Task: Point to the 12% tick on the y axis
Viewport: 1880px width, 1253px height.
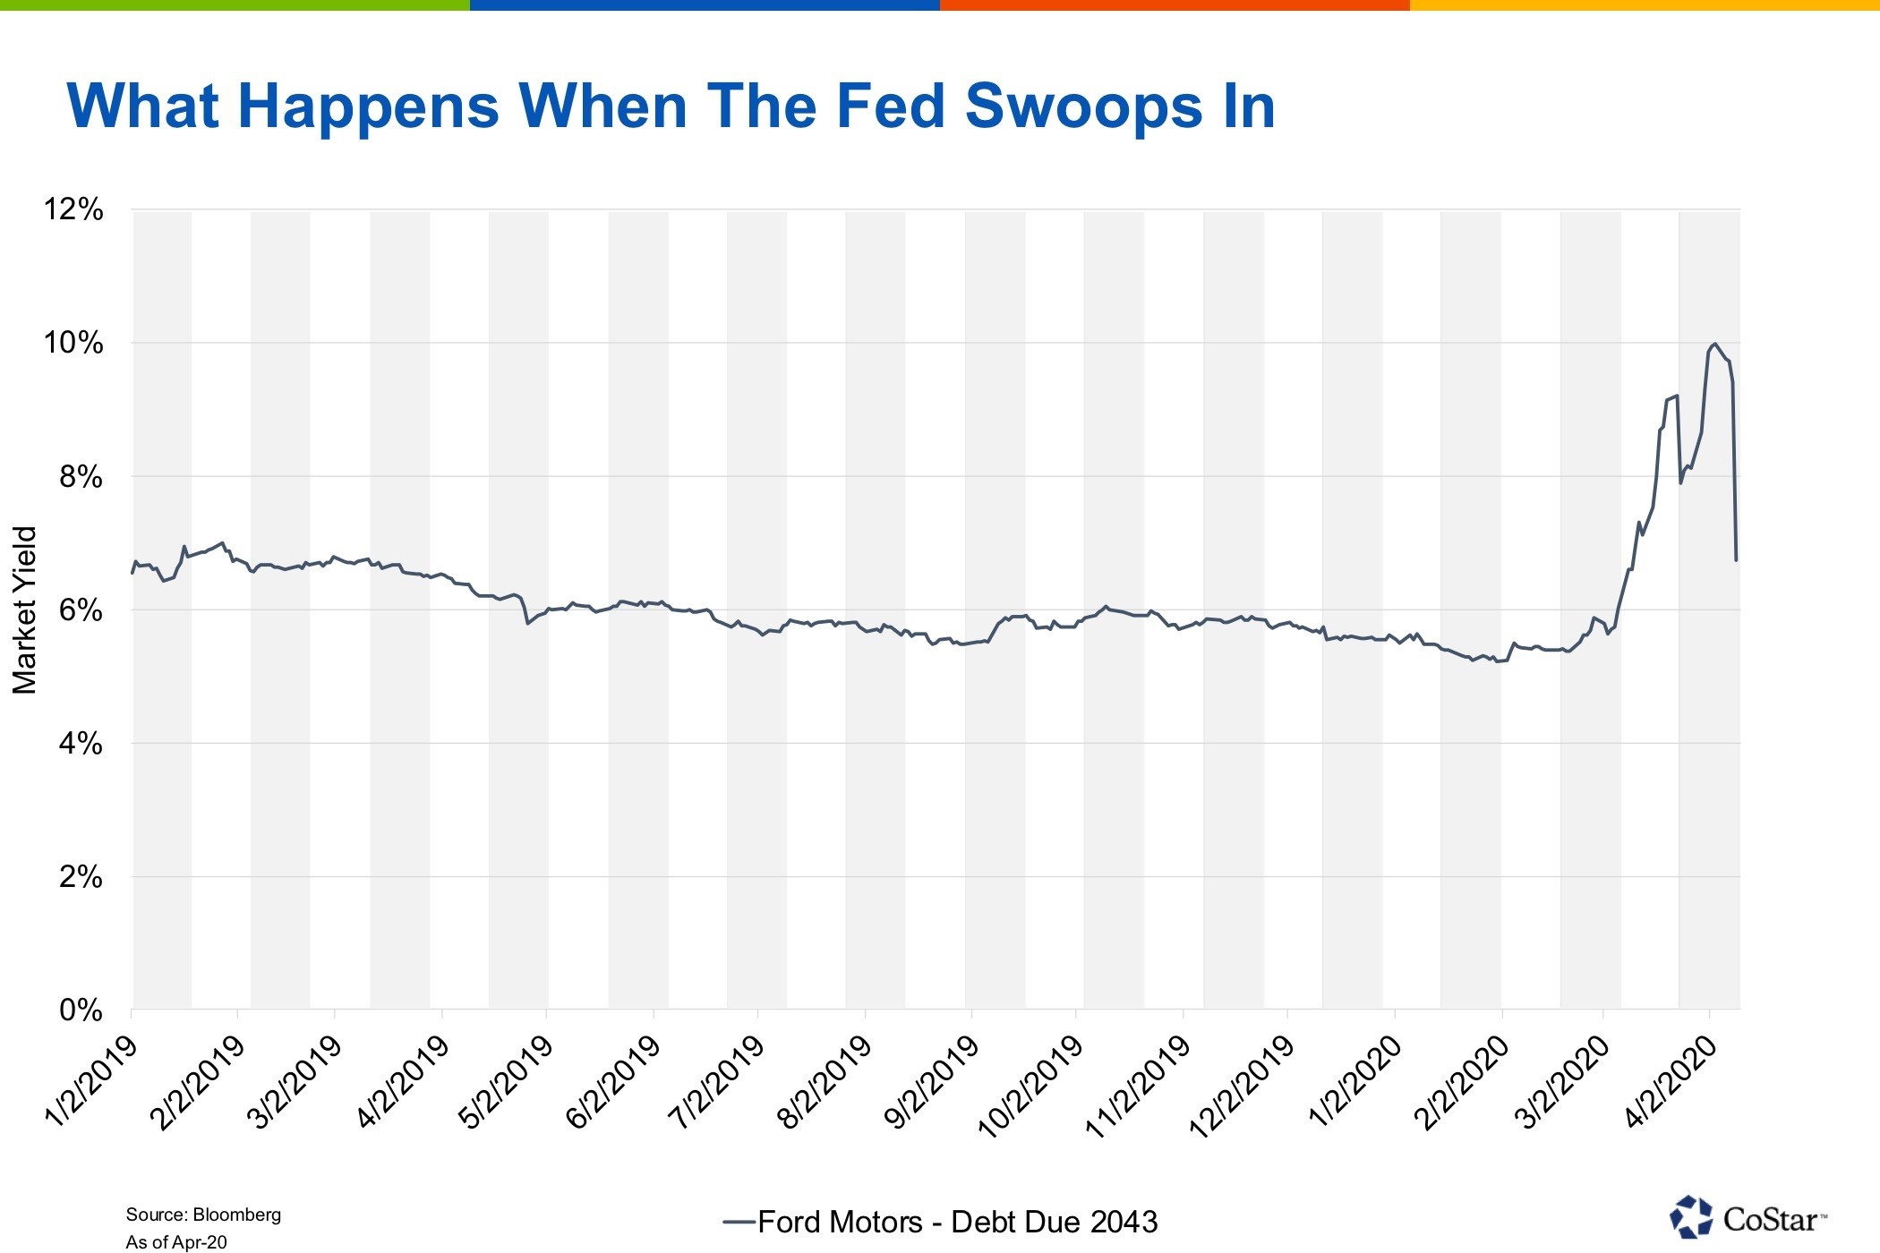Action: (x=73, y=209)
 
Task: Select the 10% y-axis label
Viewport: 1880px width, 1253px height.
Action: (x=73, y=343)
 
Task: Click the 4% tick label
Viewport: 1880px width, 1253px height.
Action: (x=81, y=743)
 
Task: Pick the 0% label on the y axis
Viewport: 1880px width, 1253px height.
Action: (x=81, y=1010)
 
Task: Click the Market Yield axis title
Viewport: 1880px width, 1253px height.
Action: (x=25, y=609)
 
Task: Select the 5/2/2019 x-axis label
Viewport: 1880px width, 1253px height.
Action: (x=506, y=1083)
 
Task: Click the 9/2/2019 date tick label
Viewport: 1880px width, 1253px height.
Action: (x=931, y=1083)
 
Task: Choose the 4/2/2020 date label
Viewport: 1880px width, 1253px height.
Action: (x=1671, y=1083)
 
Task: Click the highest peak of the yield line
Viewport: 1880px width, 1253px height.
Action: (x=1714, y=345)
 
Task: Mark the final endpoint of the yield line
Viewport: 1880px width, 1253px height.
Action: (x=1736, y=560)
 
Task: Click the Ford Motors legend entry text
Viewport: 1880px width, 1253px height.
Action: (x=957, y=1222)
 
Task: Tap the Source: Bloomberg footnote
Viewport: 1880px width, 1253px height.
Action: (x=203, y=1215)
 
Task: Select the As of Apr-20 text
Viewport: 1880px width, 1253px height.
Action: (x=176, y=1242)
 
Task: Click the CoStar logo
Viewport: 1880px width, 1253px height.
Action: (x=1747, y=1218)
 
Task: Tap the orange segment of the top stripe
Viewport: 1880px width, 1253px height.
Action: (x=1175, y=5)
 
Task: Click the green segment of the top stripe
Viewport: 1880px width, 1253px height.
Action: (x=235, y=5)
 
